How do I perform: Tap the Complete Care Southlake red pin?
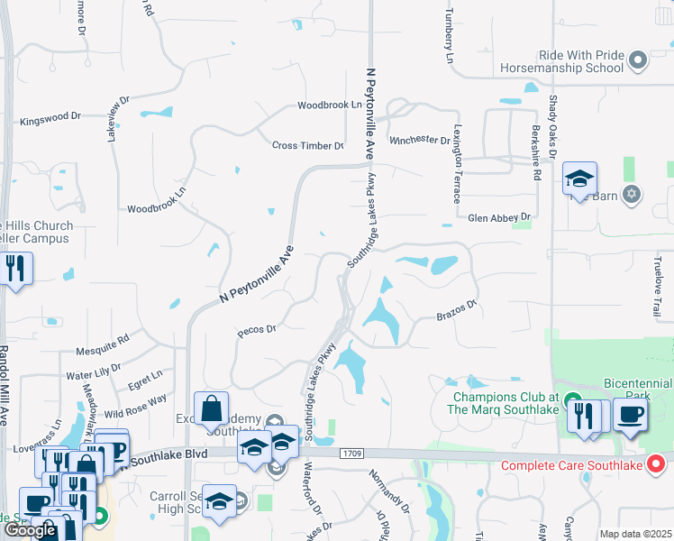point(657,465)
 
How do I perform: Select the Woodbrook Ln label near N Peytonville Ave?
point(330,105)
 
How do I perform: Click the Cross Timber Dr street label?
point(308,145)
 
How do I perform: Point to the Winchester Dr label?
point(419,141)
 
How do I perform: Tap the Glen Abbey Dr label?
point(500,217)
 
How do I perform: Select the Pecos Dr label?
point(256,330)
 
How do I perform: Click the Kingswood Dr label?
point(50,117)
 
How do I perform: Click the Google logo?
point(31,530)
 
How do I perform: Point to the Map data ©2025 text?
point(635,534)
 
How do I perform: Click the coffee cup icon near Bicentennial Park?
point(630,415)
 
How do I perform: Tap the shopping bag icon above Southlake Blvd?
point(211,410)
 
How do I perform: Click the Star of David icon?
point(632,194)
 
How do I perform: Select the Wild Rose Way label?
point(135,400)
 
